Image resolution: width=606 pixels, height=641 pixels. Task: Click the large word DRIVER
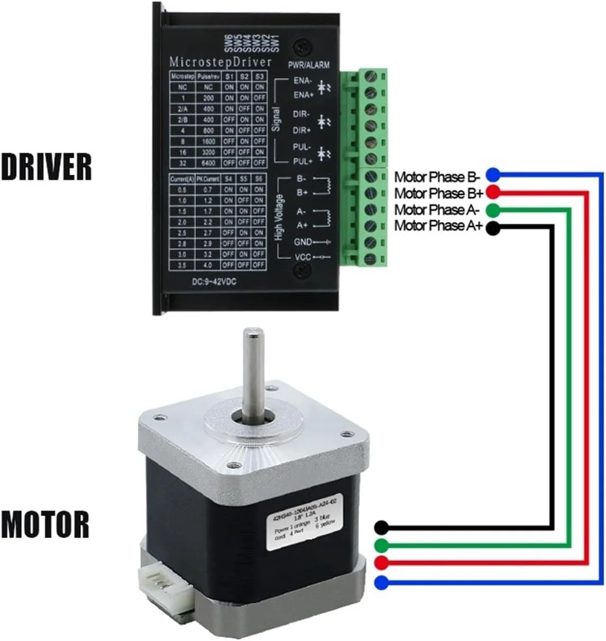tap(47, 167)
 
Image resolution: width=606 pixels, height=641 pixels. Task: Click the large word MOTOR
tap(45, 524)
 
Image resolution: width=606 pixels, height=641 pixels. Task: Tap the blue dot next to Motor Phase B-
tap(492, 174)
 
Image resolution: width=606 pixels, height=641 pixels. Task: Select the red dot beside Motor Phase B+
tap(492, 192)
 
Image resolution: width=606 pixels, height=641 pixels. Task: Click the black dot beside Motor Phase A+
tap(492, 228)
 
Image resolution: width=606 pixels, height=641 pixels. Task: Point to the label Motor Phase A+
tap(438, 226)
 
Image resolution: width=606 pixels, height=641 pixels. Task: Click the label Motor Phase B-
tap(437, 176)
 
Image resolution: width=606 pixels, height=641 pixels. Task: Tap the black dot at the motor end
tap(381, 527)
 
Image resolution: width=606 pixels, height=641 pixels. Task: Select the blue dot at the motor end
tap(381, 583)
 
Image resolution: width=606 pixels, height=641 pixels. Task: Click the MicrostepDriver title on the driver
tap(221, 62)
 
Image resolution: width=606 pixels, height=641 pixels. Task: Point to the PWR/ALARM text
tap(309, 65)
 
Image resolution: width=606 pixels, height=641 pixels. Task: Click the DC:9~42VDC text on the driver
tap(214, 282)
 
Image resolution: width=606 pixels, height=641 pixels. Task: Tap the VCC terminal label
tap(303, 257)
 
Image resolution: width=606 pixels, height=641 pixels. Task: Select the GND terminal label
tap(303, 242)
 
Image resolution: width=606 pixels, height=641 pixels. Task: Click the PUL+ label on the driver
tap(303, 161)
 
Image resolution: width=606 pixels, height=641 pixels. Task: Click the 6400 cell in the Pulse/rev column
tap(208, 163)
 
